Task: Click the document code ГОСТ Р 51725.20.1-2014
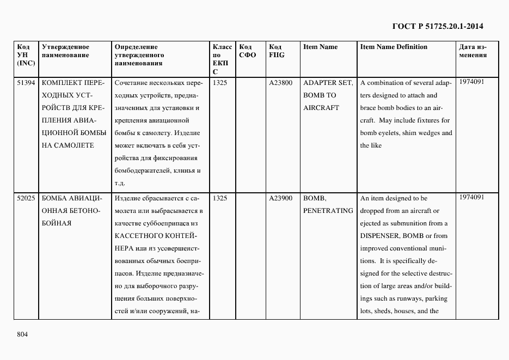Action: pyautogui.click(x=438, y=26)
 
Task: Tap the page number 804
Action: pyautogui.click(x=22, y=334)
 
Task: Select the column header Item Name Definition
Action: pyautogui.click(x=394, y=47)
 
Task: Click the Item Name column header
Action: pyautogui.click(x=320, y=47)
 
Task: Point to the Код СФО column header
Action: pyautogui.click(x=248, y=51)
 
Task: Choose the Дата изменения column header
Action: pyautogui.click(x=473, y=51)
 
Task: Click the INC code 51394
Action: pyautogui.click(x=26, y=83)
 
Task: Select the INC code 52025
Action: pyautogui.click(x=26, y=198)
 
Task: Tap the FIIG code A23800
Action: pyautogui.click(x=280, y=83)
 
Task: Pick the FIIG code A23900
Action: pyautogui.click(x=280, y=198)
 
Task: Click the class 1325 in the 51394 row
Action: pyautogui.click(x=220, y=83)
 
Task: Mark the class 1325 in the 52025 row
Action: pyautogui.click(x=220, y=198)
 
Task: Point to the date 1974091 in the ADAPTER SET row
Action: pyautogui.click(x=471, y=82)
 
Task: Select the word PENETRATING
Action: pyautogui.click(x=328, y=211)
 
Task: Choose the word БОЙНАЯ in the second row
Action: pyautogui.click(x=57, y=223)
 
